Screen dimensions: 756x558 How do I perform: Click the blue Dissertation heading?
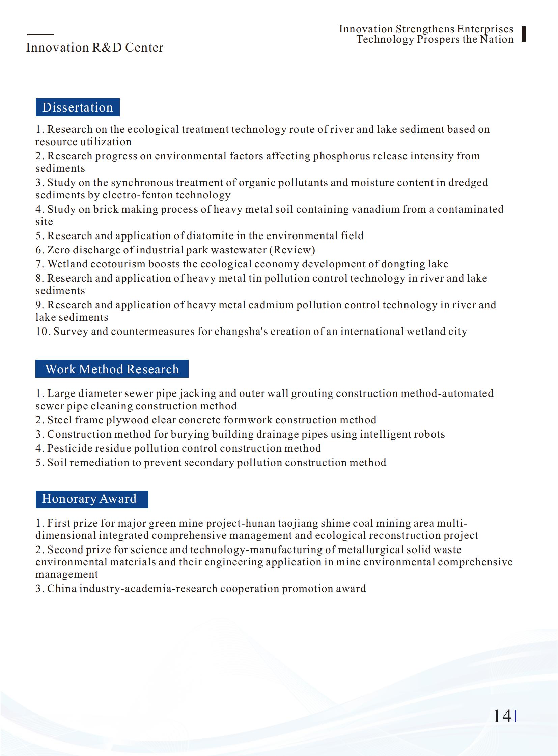[77, 107]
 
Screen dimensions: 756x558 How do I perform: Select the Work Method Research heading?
[112, 369]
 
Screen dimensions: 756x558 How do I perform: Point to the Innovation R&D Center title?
[94, 48]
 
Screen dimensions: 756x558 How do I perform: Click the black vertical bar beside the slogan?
[523, 34]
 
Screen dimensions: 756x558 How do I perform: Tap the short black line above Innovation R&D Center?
[40, 34]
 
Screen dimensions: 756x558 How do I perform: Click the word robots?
[430, 434]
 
